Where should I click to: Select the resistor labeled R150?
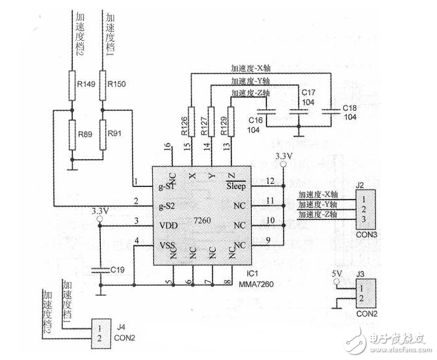[103, 84]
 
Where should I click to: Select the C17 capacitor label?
[301, 92]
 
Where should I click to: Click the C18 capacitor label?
[349, 109]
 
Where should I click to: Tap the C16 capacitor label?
[255, 120]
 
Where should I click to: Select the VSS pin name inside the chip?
[167, 245]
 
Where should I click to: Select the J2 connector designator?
[360, 186]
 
